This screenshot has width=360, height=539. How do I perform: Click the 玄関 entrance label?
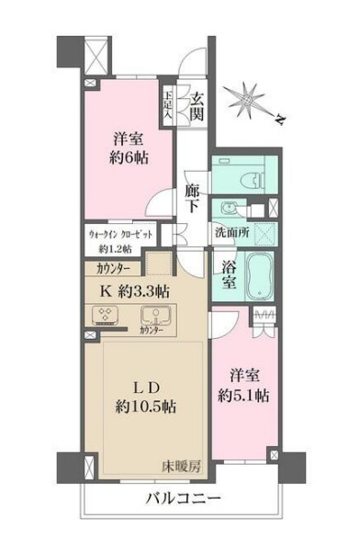click(x=197, y=105)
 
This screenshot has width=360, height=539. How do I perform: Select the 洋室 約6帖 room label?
click(x=131, y=147)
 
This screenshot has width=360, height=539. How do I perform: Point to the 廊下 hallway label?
click(x=192, y=197)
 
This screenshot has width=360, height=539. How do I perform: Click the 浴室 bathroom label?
click(x=231, y=275)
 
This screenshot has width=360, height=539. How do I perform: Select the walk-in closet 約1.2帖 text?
click(x=122, y=241)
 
